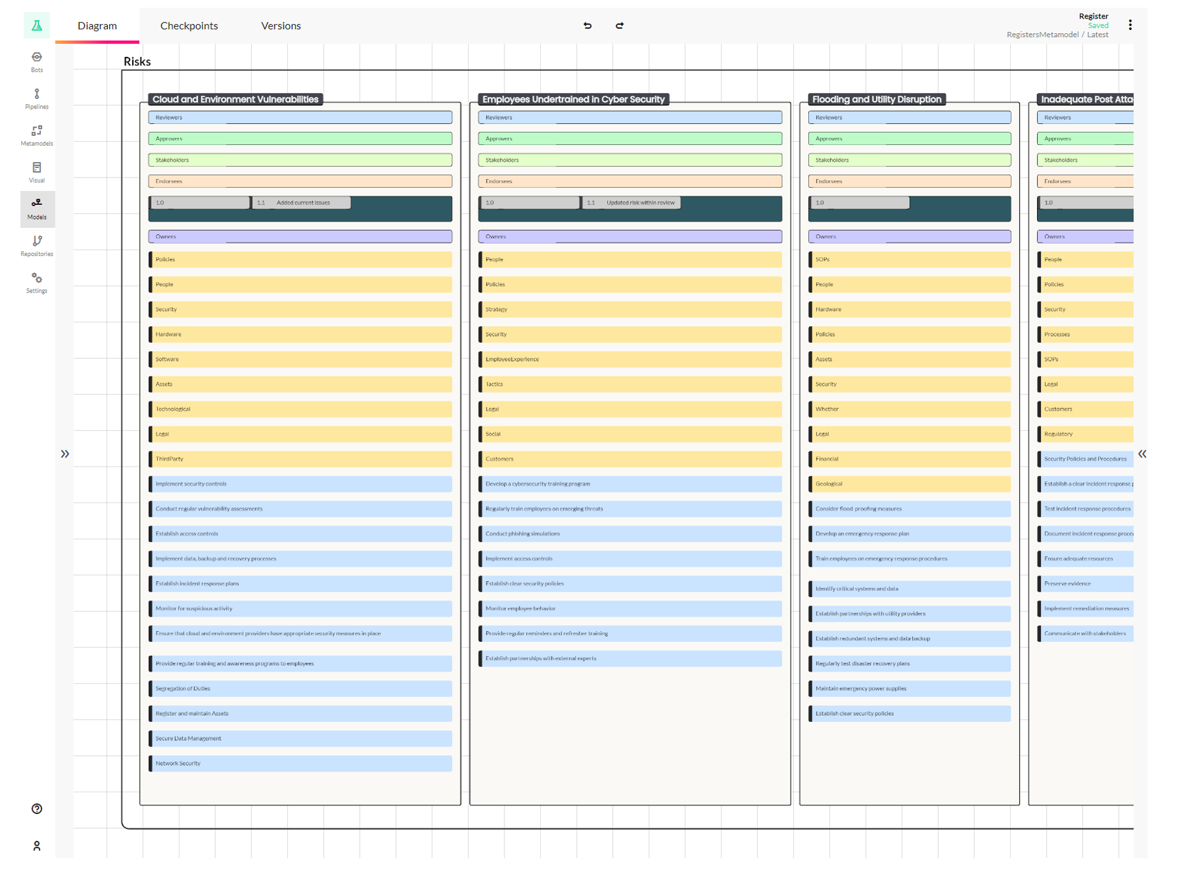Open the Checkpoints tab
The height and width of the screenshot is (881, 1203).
189,26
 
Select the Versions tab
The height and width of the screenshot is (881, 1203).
280,26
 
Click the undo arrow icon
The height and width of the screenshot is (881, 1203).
587,26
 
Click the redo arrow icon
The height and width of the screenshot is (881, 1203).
619,26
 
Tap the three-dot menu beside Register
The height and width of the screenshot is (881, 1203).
1130,25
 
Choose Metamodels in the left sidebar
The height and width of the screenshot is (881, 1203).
36,135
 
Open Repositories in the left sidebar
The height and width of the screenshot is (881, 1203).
36,246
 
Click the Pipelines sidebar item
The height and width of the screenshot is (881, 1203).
36,98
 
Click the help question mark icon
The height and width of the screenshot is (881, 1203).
36,809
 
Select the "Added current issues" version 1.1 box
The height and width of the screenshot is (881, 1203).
302,203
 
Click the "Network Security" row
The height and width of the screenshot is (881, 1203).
300,764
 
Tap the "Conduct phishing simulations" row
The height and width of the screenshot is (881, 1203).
630,534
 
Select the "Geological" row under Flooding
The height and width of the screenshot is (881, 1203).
909,484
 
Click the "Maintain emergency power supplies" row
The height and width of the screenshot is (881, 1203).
909,689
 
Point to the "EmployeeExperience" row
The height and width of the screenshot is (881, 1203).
630,359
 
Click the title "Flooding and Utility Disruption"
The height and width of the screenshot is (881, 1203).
876,99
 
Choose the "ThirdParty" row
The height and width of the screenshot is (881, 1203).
300,459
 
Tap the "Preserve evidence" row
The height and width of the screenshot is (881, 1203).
1086,584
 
